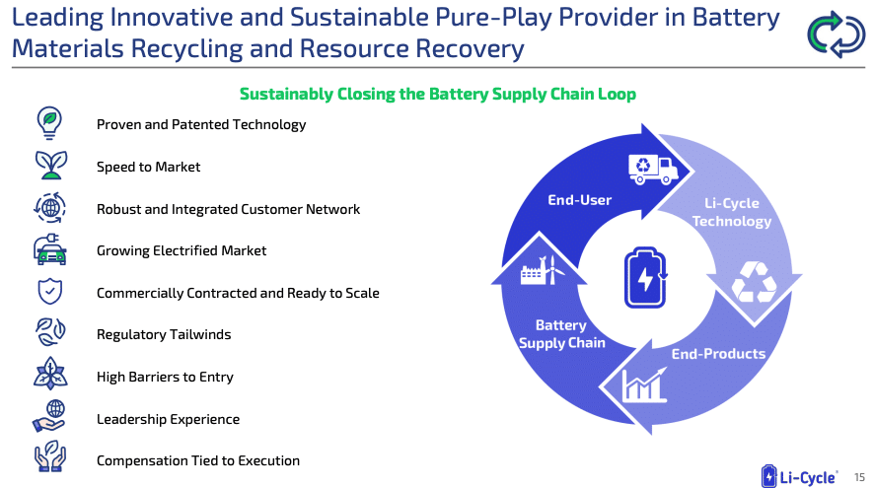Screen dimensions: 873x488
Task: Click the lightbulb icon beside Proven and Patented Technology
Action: [x=49, y=123]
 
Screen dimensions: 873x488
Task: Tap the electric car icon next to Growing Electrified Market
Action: [x=50, y=249]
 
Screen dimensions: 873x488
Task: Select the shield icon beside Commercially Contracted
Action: [x=49, y=292]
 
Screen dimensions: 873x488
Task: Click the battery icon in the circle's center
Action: [x=645, y=277]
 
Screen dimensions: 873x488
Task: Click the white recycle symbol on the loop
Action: [x=754, y=282]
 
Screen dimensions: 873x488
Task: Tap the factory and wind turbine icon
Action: [x=542, y=270]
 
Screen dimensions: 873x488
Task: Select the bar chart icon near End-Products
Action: [x=644, y=384]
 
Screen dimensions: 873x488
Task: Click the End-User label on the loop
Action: [x=580, y=200]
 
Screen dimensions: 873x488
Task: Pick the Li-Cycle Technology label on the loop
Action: [x=732, y=212]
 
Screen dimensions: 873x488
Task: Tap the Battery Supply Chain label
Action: [x=561, y=334]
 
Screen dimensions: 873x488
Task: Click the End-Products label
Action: [x=718, y=354]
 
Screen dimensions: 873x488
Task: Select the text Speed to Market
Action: [x=148, y=167]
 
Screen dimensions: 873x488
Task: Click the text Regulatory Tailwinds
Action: [x=164, y=334]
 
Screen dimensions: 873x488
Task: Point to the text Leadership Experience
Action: [x=168, y=419]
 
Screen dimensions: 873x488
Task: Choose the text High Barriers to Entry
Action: [x=165, y=377]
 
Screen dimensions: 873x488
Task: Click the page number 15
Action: [x=859, y=477]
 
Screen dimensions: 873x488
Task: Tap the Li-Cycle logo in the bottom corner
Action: [x=799, y=476]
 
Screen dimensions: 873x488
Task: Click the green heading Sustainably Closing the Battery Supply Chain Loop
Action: [x=438, y=94]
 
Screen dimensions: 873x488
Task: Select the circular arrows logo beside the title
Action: [x=837, y=35]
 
